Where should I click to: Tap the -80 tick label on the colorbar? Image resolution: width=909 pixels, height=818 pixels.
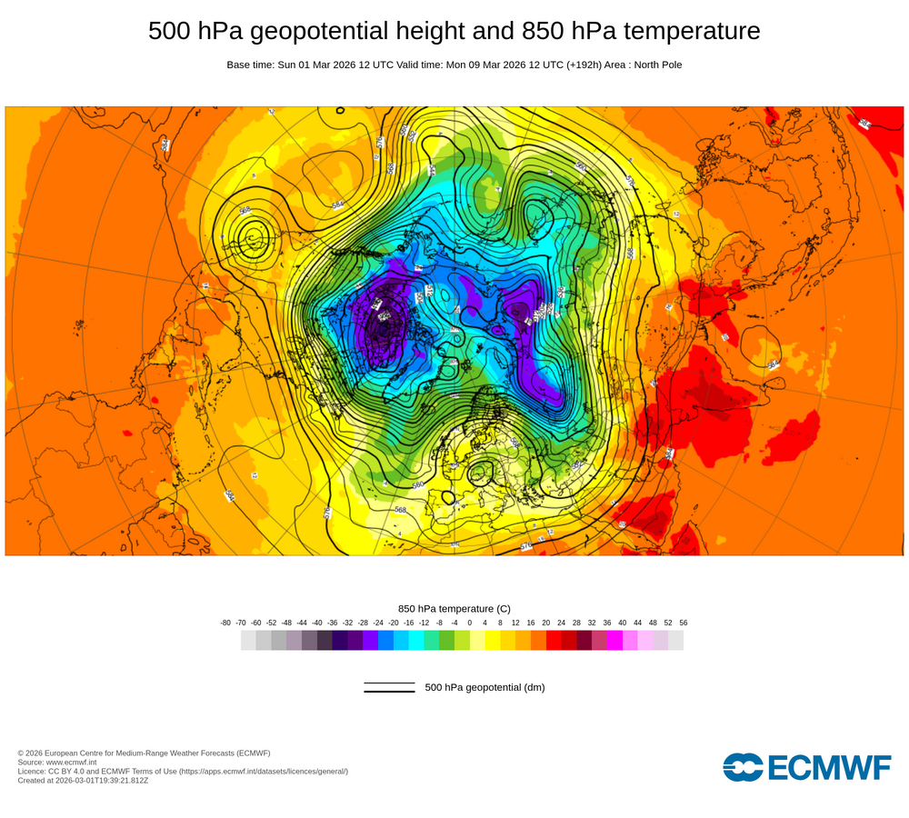tap(225, 623)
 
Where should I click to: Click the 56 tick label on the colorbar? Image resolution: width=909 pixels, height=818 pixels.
tap(684, 623)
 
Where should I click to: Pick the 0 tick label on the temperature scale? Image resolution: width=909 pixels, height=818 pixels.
tap(470, 623)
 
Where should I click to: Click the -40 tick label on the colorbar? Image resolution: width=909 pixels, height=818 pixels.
tap(317, 623)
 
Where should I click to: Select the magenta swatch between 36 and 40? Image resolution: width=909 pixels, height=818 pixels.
tap(614, 640)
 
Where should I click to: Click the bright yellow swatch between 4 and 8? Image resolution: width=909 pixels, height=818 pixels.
tap(493, 640)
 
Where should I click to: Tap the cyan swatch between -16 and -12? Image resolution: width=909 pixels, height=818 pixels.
tap(416, 640)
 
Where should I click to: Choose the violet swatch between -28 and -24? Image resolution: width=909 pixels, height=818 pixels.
tap(370, 640)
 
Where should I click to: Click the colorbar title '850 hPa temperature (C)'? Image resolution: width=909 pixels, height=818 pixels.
tap(454, 608)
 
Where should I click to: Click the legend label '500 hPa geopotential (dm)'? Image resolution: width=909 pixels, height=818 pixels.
tap(484, 687)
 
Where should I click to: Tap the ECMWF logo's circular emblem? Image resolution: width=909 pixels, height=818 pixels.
tap(744, 767)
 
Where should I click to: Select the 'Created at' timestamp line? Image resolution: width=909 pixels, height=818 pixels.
tap(83, 780)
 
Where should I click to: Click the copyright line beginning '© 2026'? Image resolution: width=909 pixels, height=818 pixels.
tap(144, 753)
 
